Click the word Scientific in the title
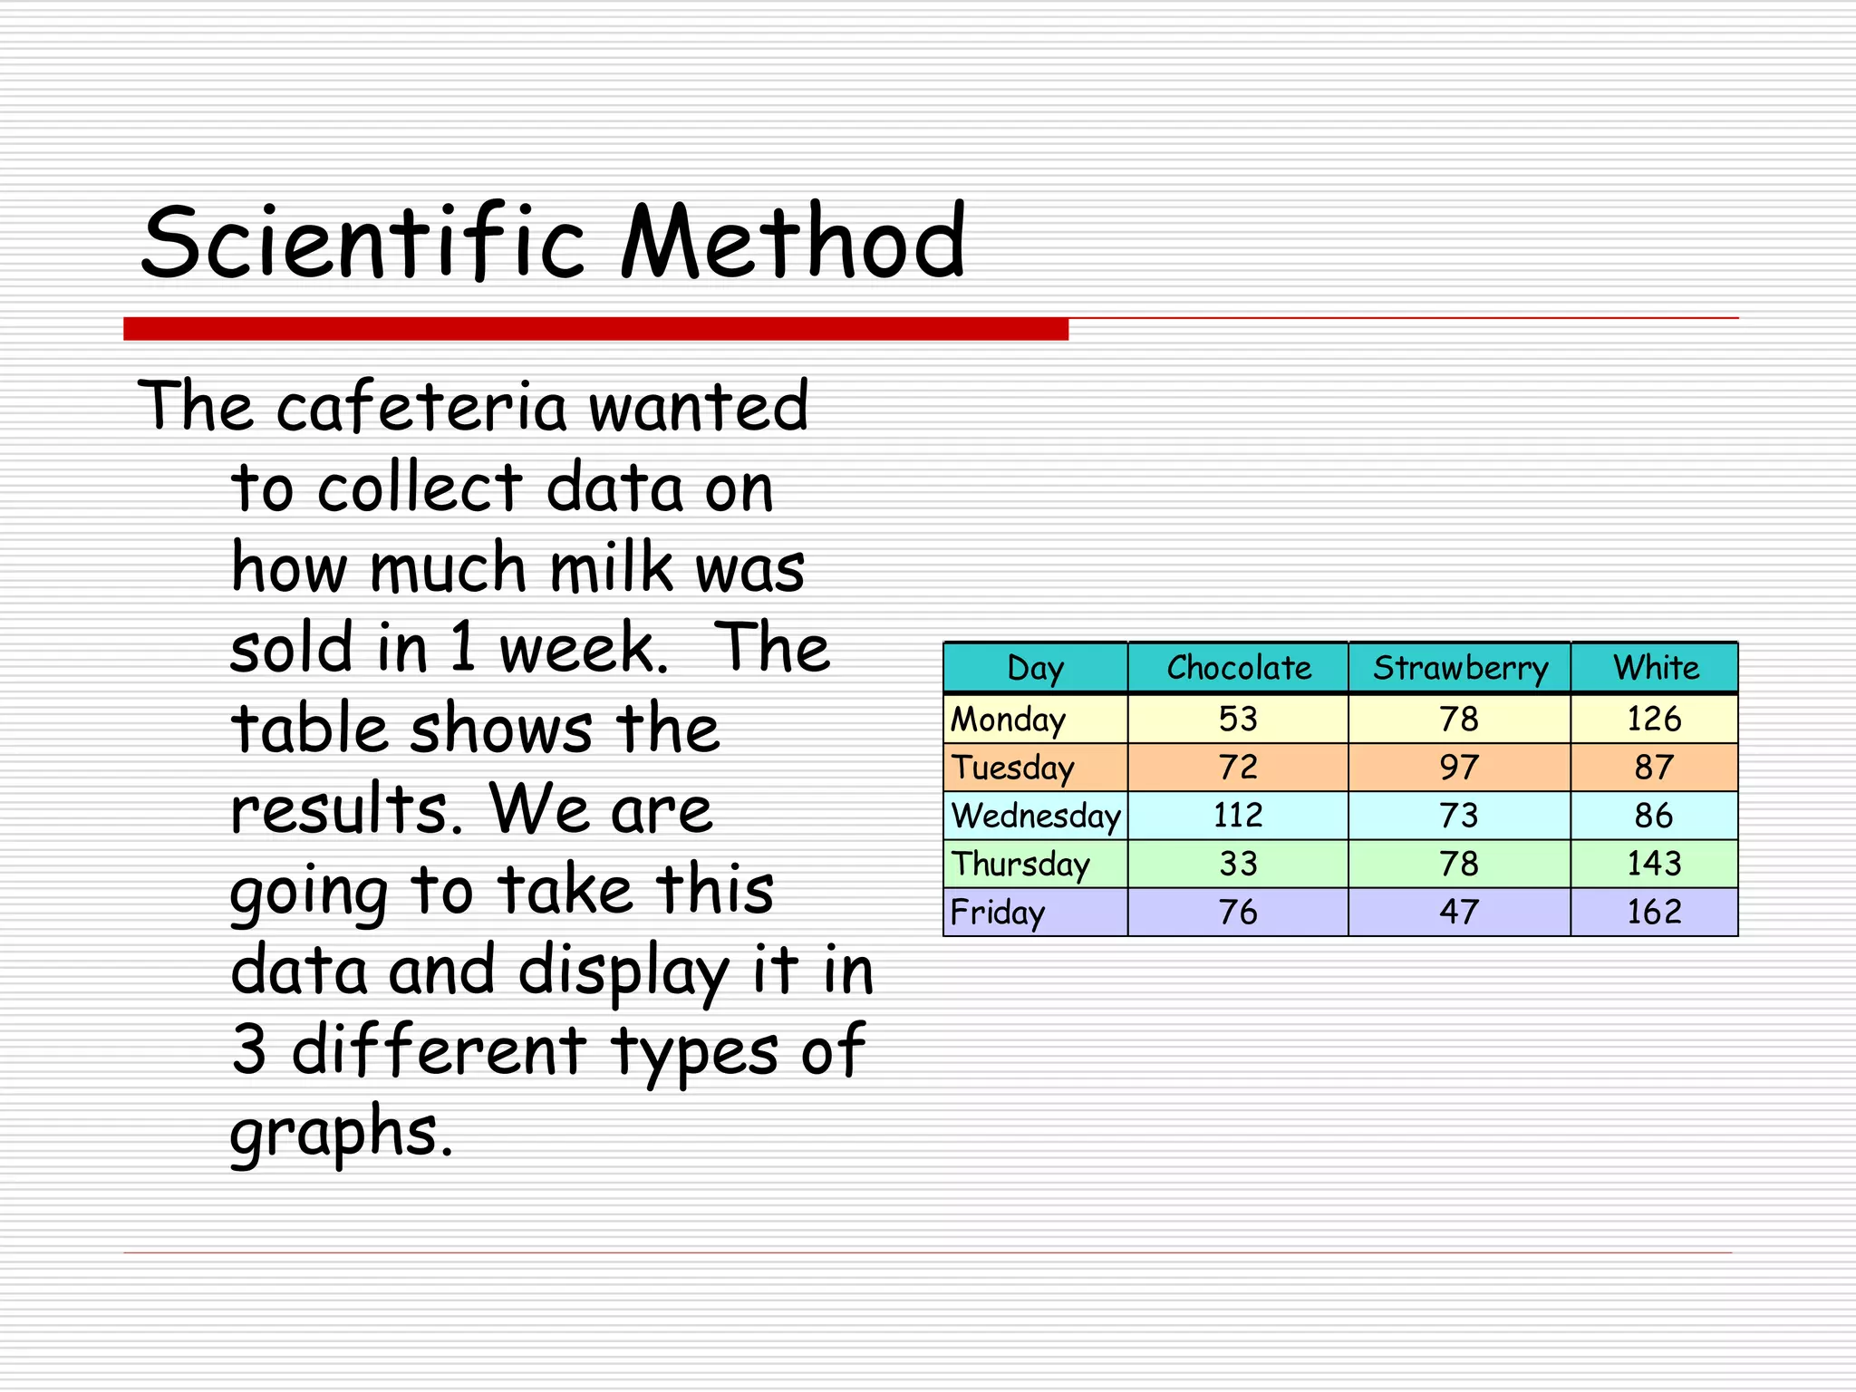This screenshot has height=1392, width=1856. [362, 243]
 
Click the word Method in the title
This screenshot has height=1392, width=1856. [793, 243]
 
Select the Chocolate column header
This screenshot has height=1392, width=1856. [1238, 668]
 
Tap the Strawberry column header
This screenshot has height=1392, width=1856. [1460, 668]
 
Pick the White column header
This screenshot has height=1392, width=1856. [1656, 668]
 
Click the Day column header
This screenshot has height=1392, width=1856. [1035, 668]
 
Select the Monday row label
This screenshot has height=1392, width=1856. [1008, 720]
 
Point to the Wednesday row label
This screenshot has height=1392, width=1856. [1036, 816]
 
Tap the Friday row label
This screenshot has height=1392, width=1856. [997, 912]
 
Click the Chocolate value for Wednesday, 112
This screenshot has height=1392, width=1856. [1238, 816]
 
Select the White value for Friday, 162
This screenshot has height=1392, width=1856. [1654, 912]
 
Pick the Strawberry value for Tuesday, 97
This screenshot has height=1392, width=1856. [1459, 768]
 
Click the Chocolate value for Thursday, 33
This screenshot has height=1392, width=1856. [1238, 864]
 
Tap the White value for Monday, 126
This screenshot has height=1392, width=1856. [1654, 720]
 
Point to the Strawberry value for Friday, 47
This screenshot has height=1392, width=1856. [1459, 912]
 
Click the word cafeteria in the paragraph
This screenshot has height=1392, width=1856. [421, 407]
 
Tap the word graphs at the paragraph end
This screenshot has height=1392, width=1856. [340, 1133]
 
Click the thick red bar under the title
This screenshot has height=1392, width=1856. [595, 329]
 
